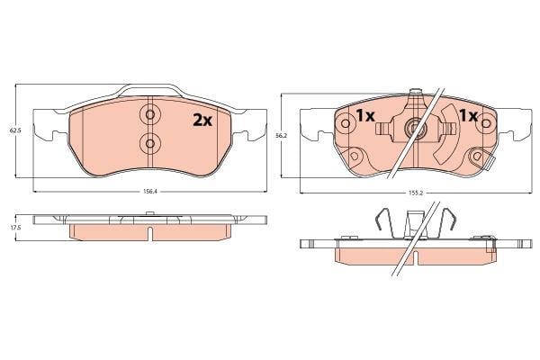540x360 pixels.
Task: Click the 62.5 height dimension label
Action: [x=13, y=130]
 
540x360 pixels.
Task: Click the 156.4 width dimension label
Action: [x=149, y=192]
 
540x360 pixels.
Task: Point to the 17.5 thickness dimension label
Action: [x=13, y=228]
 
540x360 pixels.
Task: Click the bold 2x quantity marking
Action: [x=202, y=121]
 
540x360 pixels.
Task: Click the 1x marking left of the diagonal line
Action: [x=365, y=116]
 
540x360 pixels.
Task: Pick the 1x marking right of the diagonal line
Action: [x=469, y=116]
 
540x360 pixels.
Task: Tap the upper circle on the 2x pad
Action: [x=149, y=114]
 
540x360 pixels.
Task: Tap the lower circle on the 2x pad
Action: [x=149, y=143]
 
